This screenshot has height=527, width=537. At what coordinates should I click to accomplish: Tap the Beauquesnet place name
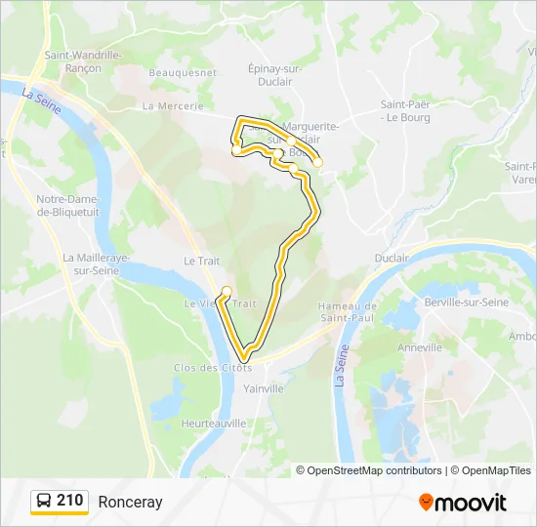[x=182, y=72]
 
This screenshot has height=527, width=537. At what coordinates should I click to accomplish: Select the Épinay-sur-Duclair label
[x=275, y=75]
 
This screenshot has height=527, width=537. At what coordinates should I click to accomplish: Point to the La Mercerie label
[x=173, y=105]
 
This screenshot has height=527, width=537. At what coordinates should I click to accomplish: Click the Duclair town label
[x=392, y=258]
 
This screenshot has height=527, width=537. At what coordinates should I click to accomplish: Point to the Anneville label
[x=420, y=347]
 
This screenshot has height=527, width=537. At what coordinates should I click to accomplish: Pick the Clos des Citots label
[x=213, y=368]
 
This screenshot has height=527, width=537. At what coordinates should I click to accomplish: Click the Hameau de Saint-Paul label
[x=348, y=312]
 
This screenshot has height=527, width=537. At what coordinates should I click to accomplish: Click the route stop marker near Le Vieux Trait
[x=227, y=290]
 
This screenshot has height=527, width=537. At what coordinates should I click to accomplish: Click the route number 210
[x=69, y=501]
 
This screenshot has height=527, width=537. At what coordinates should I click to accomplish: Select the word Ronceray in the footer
[x=130, y=502]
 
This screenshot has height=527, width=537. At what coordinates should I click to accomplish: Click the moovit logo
[x=463, y=502]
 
